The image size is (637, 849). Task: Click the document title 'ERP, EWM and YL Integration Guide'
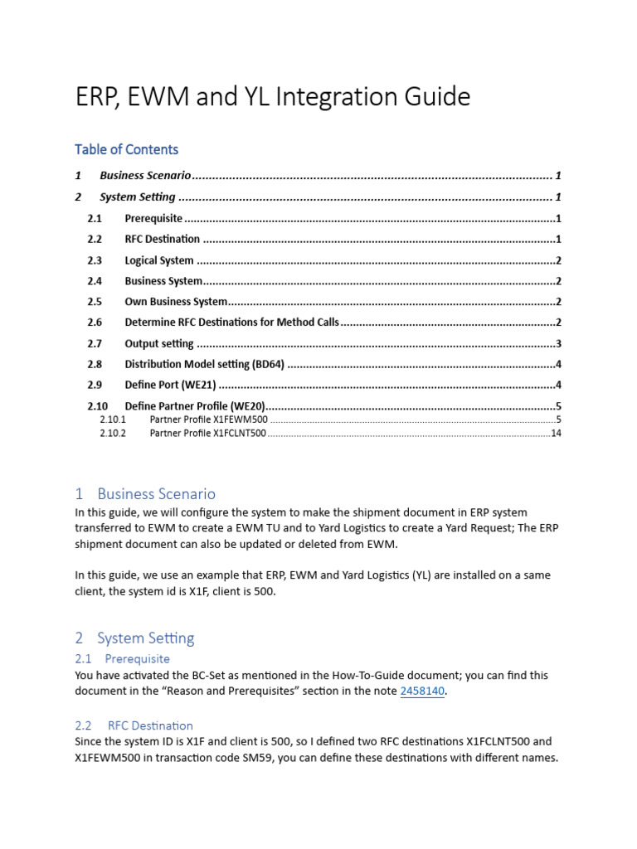[x=273, y=98]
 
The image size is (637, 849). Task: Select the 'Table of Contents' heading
[x=126, y=149]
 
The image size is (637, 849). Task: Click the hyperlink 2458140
[x=423, y=691]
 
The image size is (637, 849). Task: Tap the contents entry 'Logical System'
[x=159, y=260]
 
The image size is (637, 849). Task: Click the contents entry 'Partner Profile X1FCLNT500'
[x=207, y=434]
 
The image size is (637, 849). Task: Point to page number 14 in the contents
[x=556, y=434]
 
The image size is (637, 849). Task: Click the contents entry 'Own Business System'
[x=176, y=302]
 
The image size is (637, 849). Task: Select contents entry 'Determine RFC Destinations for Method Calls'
[x=231, y=323]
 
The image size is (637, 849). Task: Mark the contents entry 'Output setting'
[x=159, y=343]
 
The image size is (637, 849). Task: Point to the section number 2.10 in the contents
[x=98, y=406]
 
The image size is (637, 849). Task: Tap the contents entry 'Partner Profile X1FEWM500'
[x=209, y=420]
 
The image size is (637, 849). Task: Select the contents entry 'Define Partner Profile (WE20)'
[x=195, y=406]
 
